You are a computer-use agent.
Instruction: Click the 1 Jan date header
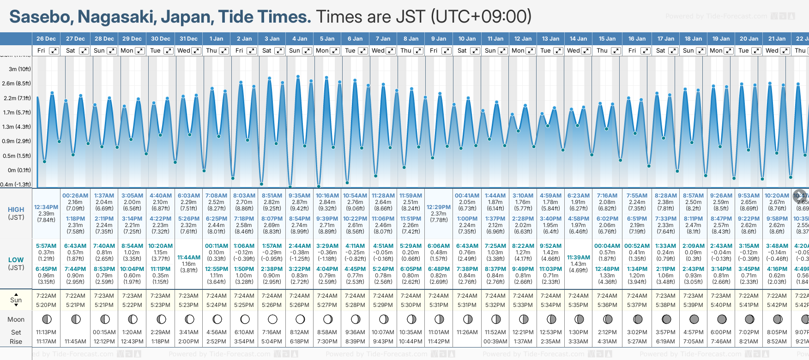pos(216,39)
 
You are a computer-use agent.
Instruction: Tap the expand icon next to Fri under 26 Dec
pos(54,51)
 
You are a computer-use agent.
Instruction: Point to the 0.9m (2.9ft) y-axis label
pos(17,141)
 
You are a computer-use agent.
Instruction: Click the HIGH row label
pos(16,210)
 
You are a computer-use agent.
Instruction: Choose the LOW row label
pos(16,260)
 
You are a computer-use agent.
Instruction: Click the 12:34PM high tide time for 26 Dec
pos(46,207)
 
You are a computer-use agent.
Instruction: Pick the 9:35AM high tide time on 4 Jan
pos(299,196)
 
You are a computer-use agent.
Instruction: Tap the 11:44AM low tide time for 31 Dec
pos(189,258)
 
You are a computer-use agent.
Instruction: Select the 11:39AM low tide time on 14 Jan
pos(578,258)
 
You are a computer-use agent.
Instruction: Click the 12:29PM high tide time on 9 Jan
pos(438,207)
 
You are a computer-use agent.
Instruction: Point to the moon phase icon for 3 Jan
pos(272,319)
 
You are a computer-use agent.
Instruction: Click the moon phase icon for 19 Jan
pos(722,319)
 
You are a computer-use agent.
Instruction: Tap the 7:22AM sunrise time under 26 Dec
pos(46,296)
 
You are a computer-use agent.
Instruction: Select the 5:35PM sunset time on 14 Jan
pos(578,305)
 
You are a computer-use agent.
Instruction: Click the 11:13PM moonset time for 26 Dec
pos(46,332)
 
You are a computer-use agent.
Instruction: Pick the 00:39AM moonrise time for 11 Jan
pos(495,342)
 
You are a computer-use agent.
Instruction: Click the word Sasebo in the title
pos(41,17)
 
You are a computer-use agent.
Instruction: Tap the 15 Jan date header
pos(607,39)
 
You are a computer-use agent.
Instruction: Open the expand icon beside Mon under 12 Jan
pos(530,51)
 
